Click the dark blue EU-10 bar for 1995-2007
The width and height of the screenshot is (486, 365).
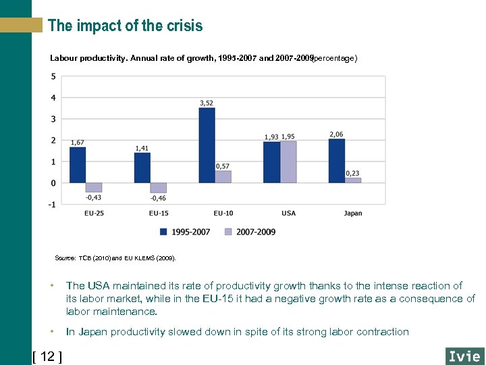(207, 145)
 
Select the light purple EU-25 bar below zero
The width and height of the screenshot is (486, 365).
(94, 187)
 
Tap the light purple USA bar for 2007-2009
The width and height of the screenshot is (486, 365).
(288, 162)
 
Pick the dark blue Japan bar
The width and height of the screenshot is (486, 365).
(336, 161)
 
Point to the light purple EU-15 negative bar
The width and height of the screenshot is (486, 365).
(158, 188)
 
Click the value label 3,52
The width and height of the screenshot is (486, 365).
(207, 103)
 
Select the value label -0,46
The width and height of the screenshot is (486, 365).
(158, 198)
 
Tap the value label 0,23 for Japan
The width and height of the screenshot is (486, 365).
(352, 173)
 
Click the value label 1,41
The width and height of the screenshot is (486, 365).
(142, 148)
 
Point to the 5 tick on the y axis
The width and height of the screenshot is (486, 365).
(53, 76)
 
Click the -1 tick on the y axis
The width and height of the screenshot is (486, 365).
(52, 204)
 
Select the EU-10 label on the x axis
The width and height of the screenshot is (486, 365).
(223, 214)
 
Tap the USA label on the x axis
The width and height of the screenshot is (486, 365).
(288, 214)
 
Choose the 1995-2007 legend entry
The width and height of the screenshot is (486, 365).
(185, 232)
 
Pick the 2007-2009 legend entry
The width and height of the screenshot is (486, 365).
(250, 232)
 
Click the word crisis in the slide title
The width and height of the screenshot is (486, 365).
(184, 26)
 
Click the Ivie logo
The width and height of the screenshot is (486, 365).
(464, 356)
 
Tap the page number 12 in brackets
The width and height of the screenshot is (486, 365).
(47, 356)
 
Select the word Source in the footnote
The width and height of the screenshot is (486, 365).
(65, 258)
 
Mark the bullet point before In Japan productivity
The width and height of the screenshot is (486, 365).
(52, 332)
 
